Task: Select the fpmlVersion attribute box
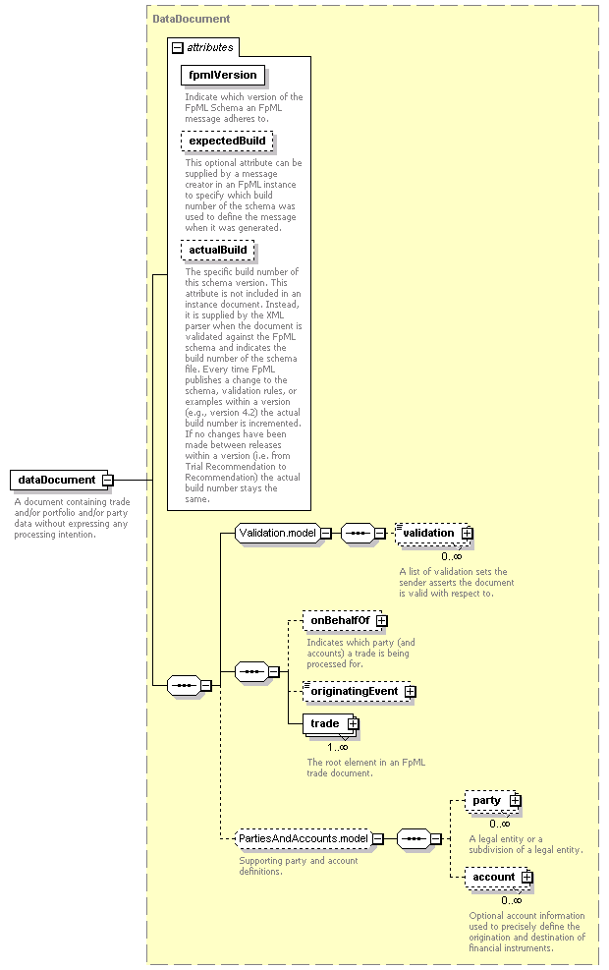pyautogui.click(x=223, y=76)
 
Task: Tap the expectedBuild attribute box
pyautogui.click(x=227, y=142)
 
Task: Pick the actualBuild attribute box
pyautogui.click(x=218, y=250)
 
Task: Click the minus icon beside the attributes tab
pyautogui.click(x=178, y=47)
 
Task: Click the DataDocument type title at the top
pyautogui.click(x=191, y=20)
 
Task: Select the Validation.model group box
pyautogui.click(x=278, y=534)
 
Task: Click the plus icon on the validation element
pyautogui.click(x=468, y=534)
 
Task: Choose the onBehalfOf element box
pyautogui.click(x=340, y=620)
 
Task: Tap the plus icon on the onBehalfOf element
pyautogui.click(x=382, y=620)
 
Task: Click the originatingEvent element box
pyautogui.click(x=357, y=692)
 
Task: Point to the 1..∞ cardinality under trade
pyautogui.click(x=338, y=747)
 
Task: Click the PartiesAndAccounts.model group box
pyautogui.click(x=304, y=839)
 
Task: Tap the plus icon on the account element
pyautogui.click(x=526, y=878)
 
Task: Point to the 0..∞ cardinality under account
pyautogui.click(x=512, y=900)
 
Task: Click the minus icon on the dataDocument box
pyautogui.click(x=108, y=480)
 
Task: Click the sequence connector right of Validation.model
pyautogui.click(x=358, y=534)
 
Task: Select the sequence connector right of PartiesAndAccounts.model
pyautogui.click(x=414, y=839)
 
